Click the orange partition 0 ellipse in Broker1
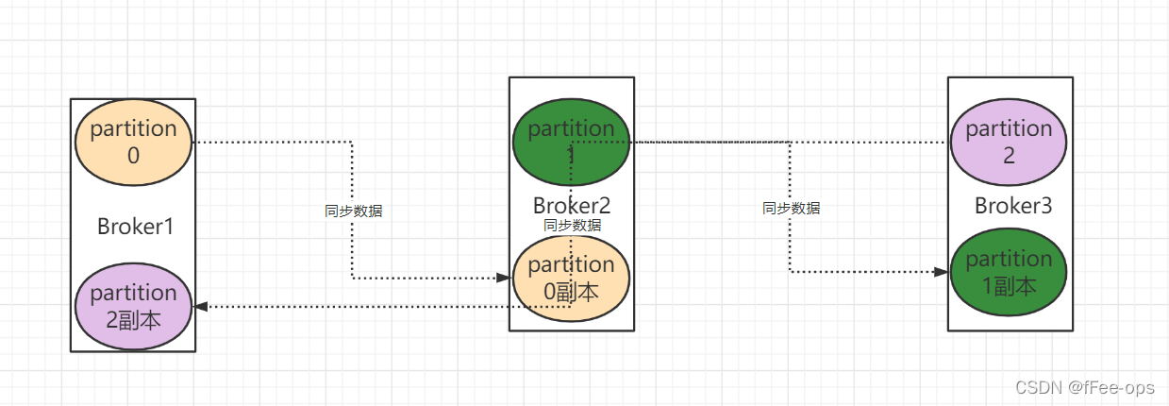point(133,143)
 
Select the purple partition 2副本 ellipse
point(133,306)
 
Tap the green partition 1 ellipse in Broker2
point(571,142)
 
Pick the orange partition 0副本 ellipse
point(571,279)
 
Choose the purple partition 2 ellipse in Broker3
point(1009,142)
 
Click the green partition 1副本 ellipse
point(1009,272)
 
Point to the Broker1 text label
point(135,227)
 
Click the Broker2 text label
point(572,206)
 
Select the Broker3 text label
point(1012,206)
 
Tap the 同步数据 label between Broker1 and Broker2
point(354,211)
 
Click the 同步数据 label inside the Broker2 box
point(572,226)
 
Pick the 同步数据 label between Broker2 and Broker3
point(791,209)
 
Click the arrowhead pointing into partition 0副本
point(504,278)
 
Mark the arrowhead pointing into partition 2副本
point(200,306)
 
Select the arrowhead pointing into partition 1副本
point(941,272)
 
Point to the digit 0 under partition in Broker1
point(133,156)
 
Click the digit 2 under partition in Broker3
point(1009,156)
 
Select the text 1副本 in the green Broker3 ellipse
point(1009,284)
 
